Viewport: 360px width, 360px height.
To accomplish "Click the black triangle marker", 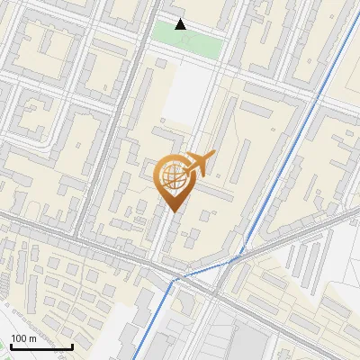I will (x=181, y=24).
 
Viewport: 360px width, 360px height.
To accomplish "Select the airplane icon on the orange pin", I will (x=198, y=164).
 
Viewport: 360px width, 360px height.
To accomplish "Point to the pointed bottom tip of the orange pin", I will (x=173, y=211).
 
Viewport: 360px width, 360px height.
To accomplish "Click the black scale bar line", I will (x=40, y=346).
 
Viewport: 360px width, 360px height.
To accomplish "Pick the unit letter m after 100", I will (x=31, y=338).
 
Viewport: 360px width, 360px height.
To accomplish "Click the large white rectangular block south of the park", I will (x=186, y=94).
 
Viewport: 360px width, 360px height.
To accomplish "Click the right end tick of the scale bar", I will (x=72, y=345).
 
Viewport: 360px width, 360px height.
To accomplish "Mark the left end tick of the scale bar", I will (x=9, y=345).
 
